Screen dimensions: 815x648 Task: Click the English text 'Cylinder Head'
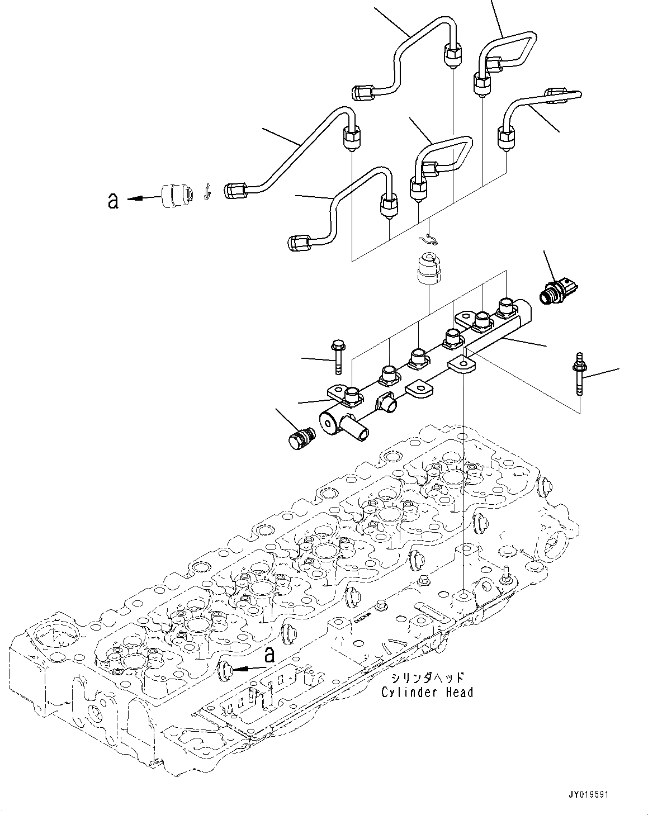427,693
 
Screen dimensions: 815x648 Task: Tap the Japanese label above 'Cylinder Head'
427,678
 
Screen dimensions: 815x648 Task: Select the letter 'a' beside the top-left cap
113,200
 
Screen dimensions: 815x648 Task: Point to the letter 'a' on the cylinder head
269,655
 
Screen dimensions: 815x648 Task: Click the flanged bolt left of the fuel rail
338,357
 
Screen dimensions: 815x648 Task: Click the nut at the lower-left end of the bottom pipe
297,243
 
